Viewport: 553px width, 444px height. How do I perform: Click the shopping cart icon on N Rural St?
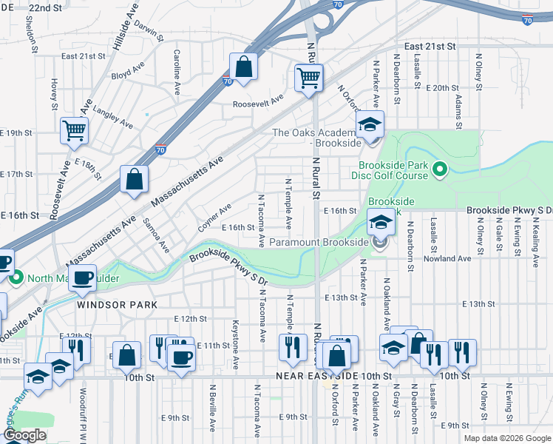(308, 77)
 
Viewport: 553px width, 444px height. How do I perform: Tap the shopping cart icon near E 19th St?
(74, 131)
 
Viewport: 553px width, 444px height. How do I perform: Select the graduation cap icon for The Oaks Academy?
(370, 124)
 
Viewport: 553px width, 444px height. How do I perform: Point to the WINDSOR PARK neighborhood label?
(106, 304)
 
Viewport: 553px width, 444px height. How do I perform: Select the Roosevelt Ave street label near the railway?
(258, 104)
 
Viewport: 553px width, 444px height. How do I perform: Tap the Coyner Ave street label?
(214, 216)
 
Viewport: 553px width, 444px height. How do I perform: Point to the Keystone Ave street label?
(236, 345)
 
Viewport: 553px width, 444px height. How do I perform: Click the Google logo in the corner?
(25, 434)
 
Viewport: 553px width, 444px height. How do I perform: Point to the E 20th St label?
(444, 88)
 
